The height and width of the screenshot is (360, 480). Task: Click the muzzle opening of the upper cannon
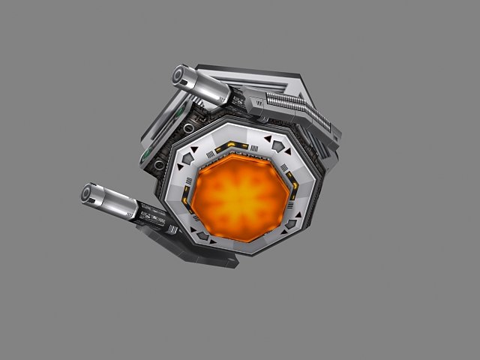tap(181, 75)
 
